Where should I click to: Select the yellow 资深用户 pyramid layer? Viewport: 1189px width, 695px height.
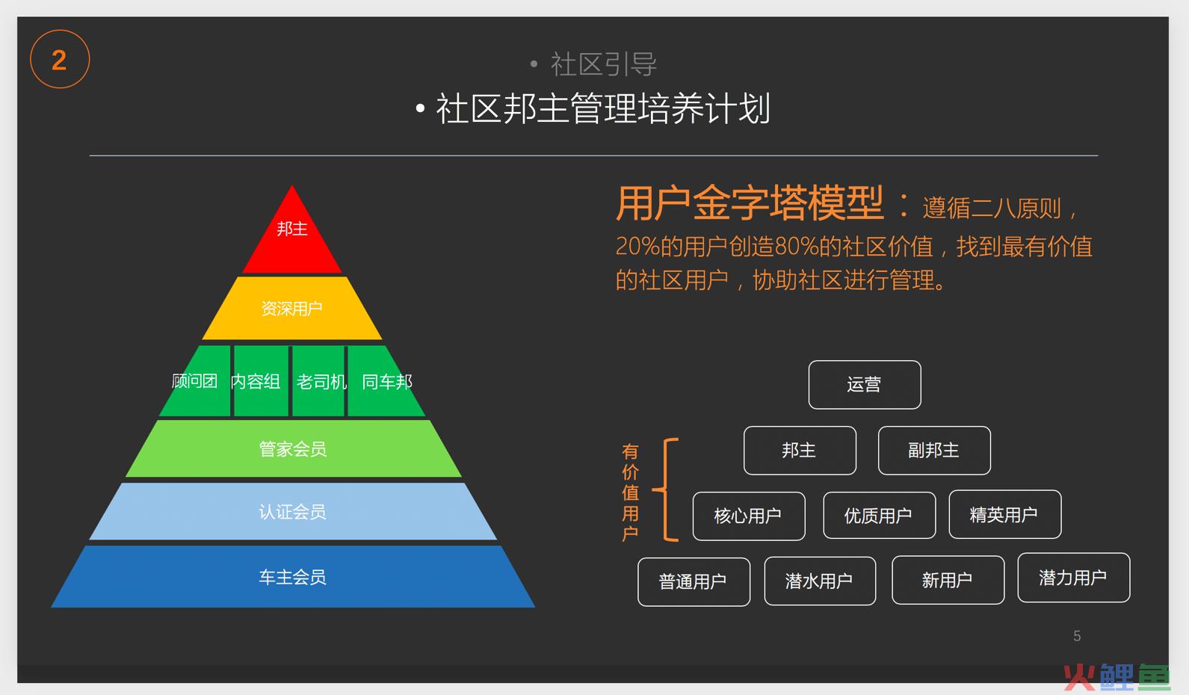pos(292,309)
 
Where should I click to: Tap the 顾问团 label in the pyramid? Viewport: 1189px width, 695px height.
pos(194,381)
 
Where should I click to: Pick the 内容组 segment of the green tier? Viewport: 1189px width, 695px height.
pos(261,380)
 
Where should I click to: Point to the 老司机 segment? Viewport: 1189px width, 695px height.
pos(318,380)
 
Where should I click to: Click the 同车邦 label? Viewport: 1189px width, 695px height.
pos(387,382)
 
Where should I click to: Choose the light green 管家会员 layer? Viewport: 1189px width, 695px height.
pos(293,448)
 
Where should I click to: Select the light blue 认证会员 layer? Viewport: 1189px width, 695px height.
pos(293,511)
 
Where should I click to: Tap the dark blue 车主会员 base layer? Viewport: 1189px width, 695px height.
pos(293,577)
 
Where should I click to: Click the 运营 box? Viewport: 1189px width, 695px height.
pos(865,385)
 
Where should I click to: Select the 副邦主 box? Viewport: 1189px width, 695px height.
pos(934,450)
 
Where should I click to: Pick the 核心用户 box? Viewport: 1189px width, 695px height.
pos(749,516)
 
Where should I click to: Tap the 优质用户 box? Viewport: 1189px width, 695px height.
pos(879,516)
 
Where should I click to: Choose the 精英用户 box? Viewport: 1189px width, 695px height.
pos(1005,514)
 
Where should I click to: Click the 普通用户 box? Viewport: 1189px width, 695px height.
pos(694,582)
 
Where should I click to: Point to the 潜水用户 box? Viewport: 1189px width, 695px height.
pos(820,581)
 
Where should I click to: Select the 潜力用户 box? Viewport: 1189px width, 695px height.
pos(1074,578)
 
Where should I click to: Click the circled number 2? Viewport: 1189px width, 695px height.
pos(60,59)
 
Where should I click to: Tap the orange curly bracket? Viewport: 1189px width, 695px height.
pos(664,489)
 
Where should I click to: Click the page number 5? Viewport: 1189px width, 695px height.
pos(1077,636)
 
